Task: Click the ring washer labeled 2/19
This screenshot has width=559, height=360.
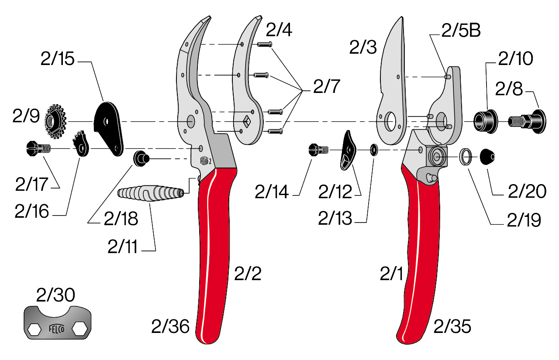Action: [x=466, y=156]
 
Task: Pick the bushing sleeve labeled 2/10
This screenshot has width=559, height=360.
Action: [x=486, y=120]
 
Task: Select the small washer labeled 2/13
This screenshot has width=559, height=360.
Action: [x=374, y=150]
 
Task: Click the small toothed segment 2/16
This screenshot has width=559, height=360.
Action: [x=81, y=144]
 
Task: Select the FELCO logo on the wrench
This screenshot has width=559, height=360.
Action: [x=57, y=329]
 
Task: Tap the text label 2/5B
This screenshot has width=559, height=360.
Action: [x=461, y=31]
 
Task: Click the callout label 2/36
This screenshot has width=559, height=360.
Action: [x=170, y=326]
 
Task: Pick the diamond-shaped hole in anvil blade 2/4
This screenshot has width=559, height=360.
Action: [x=248, y=119]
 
